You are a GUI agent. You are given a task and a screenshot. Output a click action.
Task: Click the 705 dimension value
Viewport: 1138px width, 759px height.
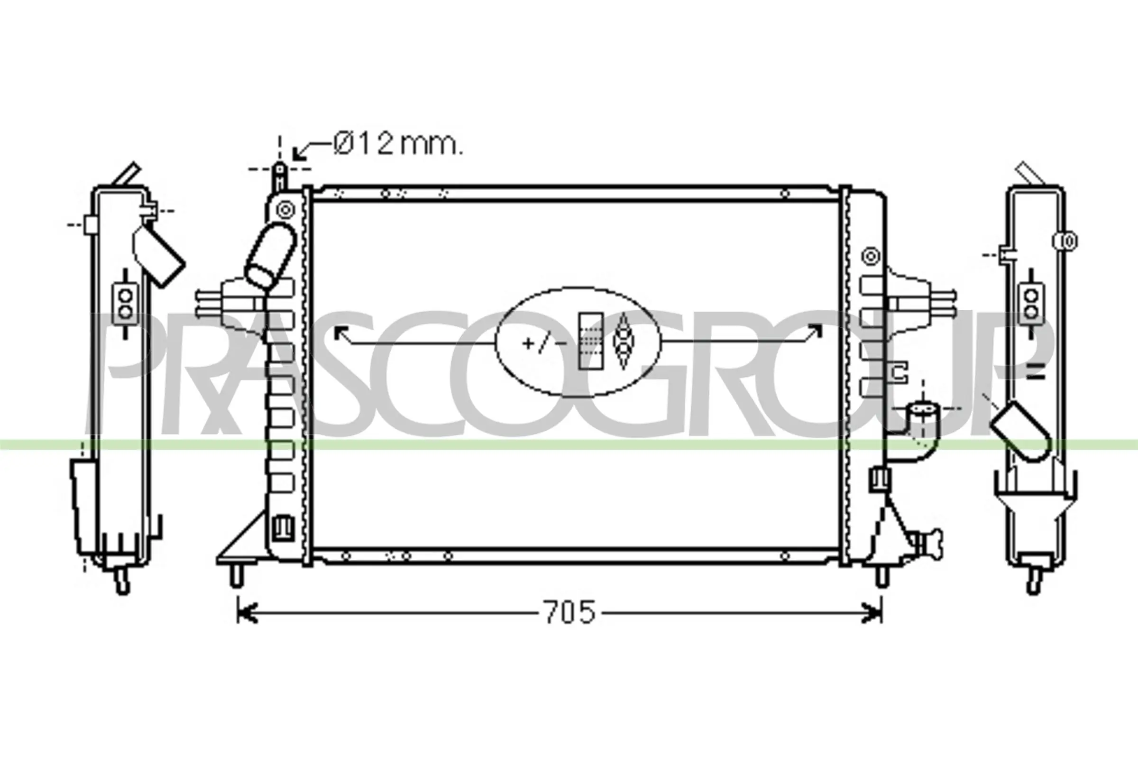click(569, 612)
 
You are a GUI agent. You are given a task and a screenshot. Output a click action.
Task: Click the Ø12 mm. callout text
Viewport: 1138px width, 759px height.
click(398, 144)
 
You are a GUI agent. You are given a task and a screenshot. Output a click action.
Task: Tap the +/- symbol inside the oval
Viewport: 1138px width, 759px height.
click(544, 343)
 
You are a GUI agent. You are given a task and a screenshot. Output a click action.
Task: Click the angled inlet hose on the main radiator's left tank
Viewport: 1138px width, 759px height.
click(270, 255)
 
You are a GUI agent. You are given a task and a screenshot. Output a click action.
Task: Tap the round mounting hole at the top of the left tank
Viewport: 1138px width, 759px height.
click(285, 210)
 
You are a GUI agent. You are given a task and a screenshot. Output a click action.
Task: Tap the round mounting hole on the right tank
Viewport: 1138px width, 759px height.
click(871, 256)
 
